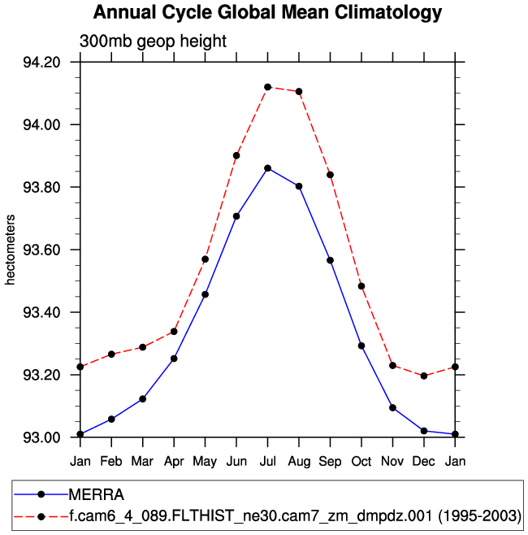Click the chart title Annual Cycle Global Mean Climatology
[x=267, y=13]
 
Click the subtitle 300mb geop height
[x=153, y=41]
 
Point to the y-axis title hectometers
[x=11, y=250]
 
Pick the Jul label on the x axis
[x=267, y=462]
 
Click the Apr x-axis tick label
[x=174, y=462]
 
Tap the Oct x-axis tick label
[x=361, y=462]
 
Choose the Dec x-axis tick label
[x=424, y=462]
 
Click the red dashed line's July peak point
[x=267, y=87]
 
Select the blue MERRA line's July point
[x=267, y=168]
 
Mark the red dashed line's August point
[x=299, y=92]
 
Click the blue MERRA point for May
[x=205, y=294]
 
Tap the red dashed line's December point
[x=424, y=376]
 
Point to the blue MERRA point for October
[x=361, y=346]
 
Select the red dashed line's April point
[x=174, y=332]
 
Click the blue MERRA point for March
[x=143, y=399]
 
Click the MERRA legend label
[x=95, y=494]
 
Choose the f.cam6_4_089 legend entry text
[x=295, y=515]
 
